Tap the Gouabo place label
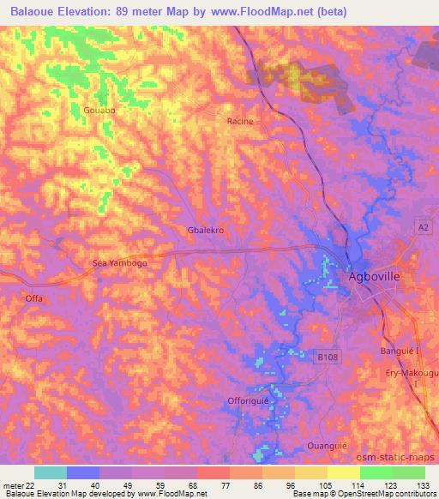click(100, 109)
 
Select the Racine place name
click(240, 121)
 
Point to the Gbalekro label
click(206, 231)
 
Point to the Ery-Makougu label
click(409, 370)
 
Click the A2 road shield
click(423, 226)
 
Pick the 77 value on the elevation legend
click(225, 485)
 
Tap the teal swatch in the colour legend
click(51, 472)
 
